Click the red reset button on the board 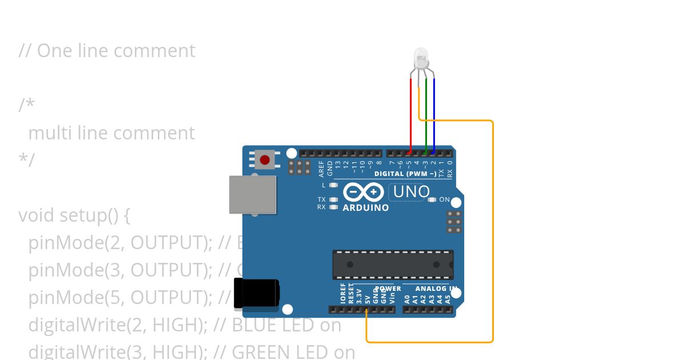click(x=265, y=159)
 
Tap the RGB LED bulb click(x=421, y=58)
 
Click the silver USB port click(x=252, y=194)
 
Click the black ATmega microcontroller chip click(x=393, y=265)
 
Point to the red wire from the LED click(x=411, y=114)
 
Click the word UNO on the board click(x=411, y=192)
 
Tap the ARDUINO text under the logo click(x=365, y=208)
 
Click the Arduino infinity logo click(x=364, y=191)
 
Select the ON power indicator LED click(x=432, y=199)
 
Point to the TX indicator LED click(x=334, y=199)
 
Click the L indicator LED click(x=334, y=185)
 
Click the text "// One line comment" click(x=107, y=51)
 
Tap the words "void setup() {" click(x=74, y=215)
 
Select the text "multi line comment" click(x=111, y=133)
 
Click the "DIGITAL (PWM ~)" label click(x=405, y=173)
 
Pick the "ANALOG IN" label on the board click(x=436, y=289)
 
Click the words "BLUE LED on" click(x=286, y=325)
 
